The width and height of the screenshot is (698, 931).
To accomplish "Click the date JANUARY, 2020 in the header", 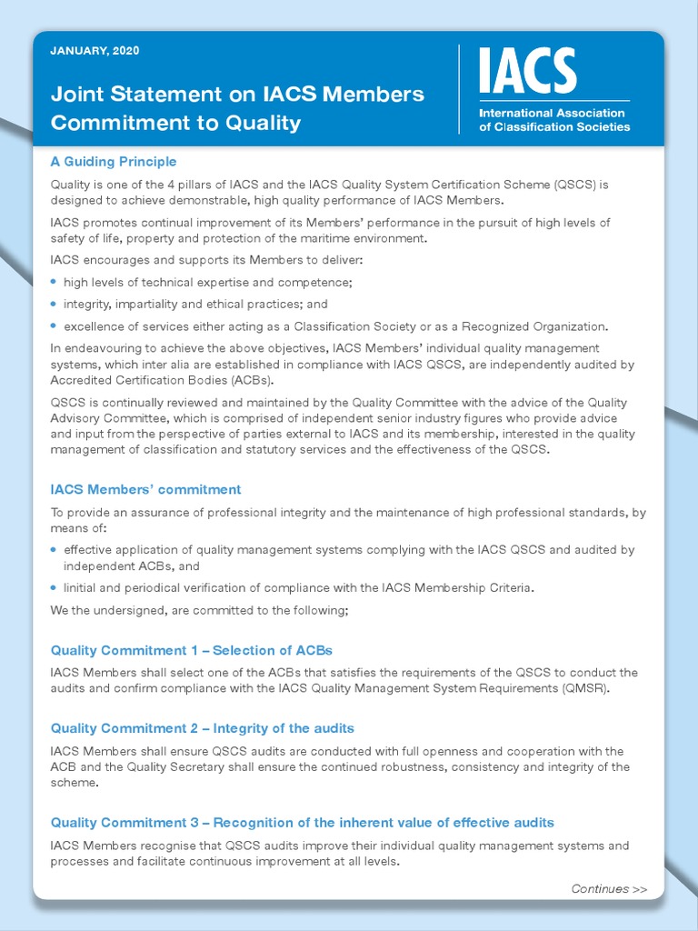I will tap(95, 51).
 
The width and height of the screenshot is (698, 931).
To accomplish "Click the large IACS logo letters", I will tap(527, 72).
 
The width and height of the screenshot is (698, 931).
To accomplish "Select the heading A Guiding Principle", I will tap(114, 162).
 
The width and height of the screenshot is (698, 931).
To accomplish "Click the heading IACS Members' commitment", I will tap(145, 489).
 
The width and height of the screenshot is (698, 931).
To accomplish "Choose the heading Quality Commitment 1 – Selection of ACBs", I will tap(192, 650).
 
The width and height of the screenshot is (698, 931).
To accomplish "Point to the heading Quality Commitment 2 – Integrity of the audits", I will tap(202, 728).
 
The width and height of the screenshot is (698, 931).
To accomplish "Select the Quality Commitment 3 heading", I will tap(302, 823).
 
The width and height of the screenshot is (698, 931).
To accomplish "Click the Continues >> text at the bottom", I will tap(609, 889).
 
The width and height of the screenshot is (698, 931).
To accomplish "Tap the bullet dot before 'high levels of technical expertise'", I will tap(55, 282).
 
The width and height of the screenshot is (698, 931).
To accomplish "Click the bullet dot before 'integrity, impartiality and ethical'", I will tap(55, 304).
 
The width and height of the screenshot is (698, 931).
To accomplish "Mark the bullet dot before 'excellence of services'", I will tap(55, 325).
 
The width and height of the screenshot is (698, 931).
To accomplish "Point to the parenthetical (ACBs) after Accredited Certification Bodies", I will tap(245, 380).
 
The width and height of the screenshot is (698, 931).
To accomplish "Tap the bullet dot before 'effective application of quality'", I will tap(55, 550).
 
